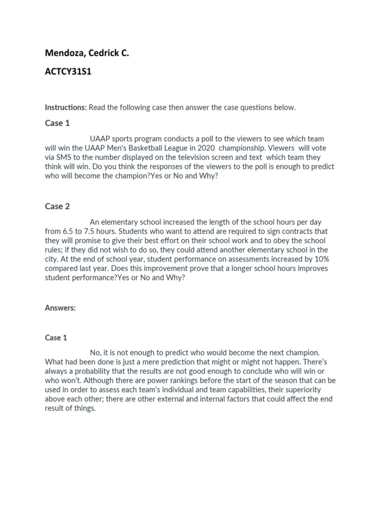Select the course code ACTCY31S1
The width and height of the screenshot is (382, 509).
point(68,72)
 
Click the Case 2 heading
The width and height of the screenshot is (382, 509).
point(57,206)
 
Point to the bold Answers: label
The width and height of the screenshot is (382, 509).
point(60,308)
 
